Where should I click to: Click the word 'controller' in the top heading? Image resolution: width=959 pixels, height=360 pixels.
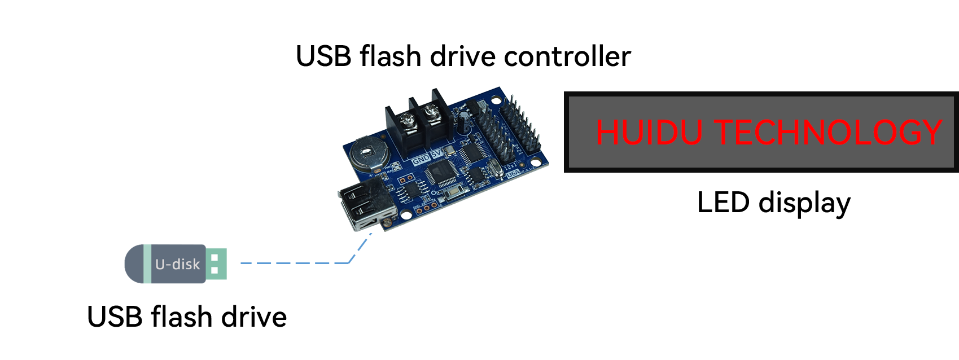point(567,56)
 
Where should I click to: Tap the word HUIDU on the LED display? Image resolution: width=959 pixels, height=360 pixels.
point(649,132)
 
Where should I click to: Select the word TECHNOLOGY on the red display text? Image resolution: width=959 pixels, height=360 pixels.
point(828,132)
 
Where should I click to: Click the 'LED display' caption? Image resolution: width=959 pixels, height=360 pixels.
point(774,203)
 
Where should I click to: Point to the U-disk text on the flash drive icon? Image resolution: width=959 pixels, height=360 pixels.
point(177,264)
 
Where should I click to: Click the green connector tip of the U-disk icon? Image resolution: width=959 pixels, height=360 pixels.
point(216,264)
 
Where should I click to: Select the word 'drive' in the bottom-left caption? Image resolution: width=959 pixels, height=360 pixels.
point(254,317)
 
